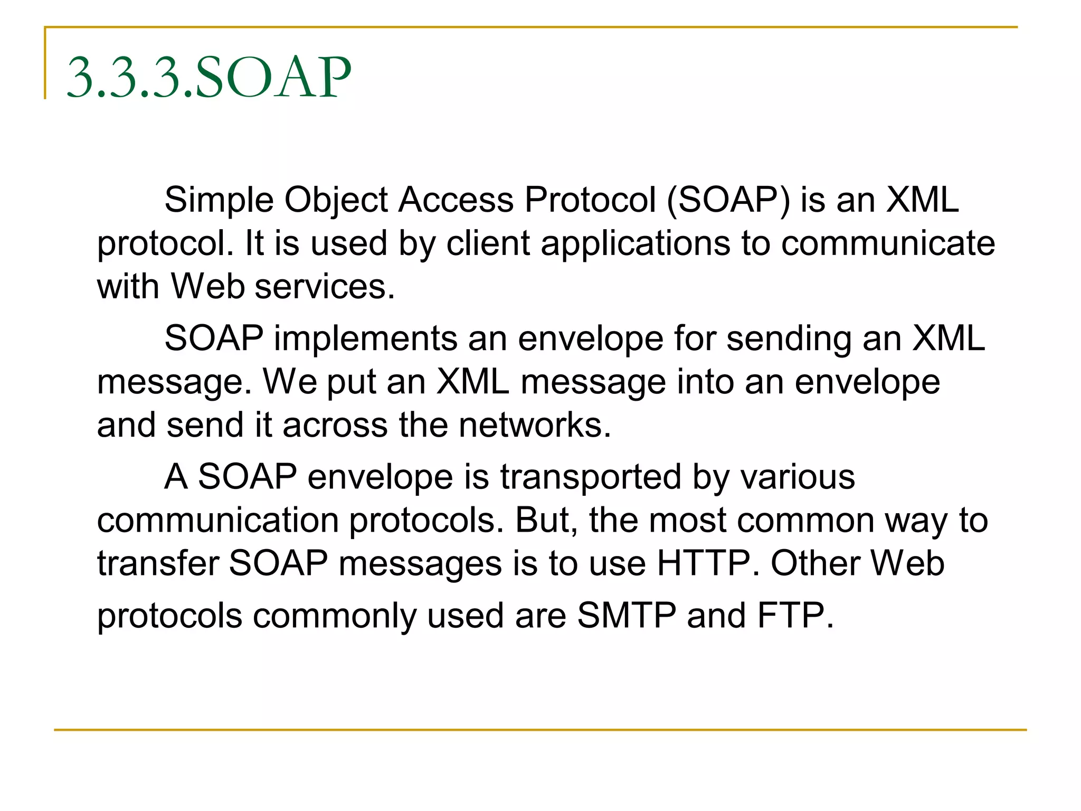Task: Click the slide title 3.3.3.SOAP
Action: pos(209,78)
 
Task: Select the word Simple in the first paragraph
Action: pos(219,200)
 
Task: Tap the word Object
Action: pos(336,201)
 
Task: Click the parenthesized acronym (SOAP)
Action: pos(728,200)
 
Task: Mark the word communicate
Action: pos(888,243)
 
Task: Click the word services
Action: pos(325,287)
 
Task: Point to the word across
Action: pos(335,425)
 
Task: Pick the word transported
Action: pos(591,478)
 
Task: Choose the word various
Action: pos(797,477)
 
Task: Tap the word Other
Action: pos(815,563)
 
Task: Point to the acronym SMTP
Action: pos(627,616)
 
